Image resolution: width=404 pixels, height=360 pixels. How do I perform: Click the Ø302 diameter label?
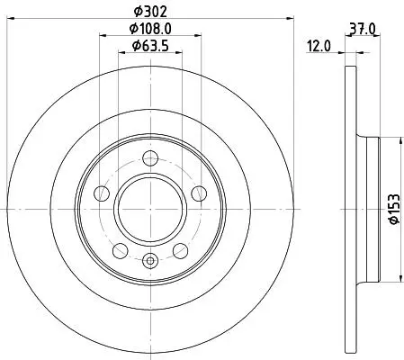[x=149, y=12]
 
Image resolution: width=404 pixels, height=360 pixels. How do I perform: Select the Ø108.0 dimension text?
[x=150, y=29]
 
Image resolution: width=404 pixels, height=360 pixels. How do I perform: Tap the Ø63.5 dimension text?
[x=150, y=46]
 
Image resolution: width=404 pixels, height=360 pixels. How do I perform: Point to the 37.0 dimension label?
[x=363, y=29]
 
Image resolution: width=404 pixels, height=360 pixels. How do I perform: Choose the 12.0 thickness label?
[x=319, y=46]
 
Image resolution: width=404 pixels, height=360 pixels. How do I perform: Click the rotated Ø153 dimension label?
[x=394, y=209]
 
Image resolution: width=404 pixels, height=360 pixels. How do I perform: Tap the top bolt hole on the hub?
[x=150, y=158]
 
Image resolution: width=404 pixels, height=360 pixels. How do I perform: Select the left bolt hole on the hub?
[x=102, y=193]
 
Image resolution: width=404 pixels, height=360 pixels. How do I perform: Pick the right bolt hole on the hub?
[x=199, y=193]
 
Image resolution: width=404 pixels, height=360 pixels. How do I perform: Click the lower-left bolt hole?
[x=121, y=251]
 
